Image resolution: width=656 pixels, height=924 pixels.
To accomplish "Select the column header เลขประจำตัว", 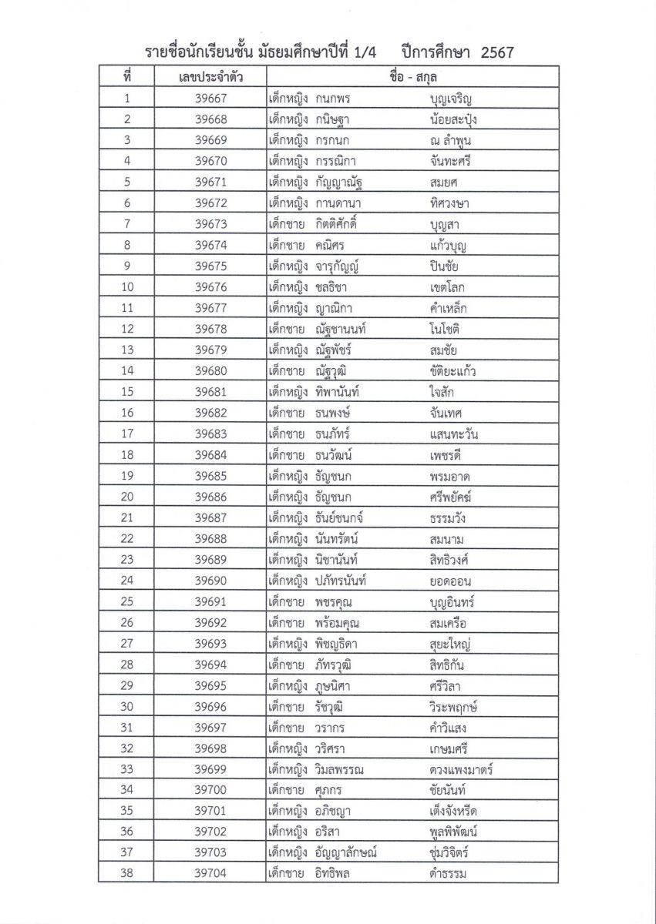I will click(190, 77).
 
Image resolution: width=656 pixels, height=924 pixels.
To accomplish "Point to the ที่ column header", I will click(127, 77).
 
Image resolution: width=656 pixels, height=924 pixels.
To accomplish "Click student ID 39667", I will click(210, 99).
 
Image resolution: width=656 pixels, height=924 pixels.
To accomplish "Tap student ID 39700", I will click(210, 790).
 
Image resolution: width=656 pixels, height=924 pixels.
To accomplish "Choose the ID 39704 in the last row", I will click(210, 873).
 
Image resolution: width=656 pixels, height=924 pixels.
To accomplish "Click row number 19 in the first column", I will click(127, 476).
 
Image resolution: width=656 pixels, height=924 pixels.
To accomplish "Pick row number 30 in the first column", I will click(127, 706).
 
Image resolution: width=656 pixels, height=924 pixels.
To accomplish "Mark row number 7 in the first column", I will click(127, 224).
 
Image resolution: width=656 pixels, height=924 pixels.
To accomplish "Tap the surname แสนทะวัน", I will click(455, 434).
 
